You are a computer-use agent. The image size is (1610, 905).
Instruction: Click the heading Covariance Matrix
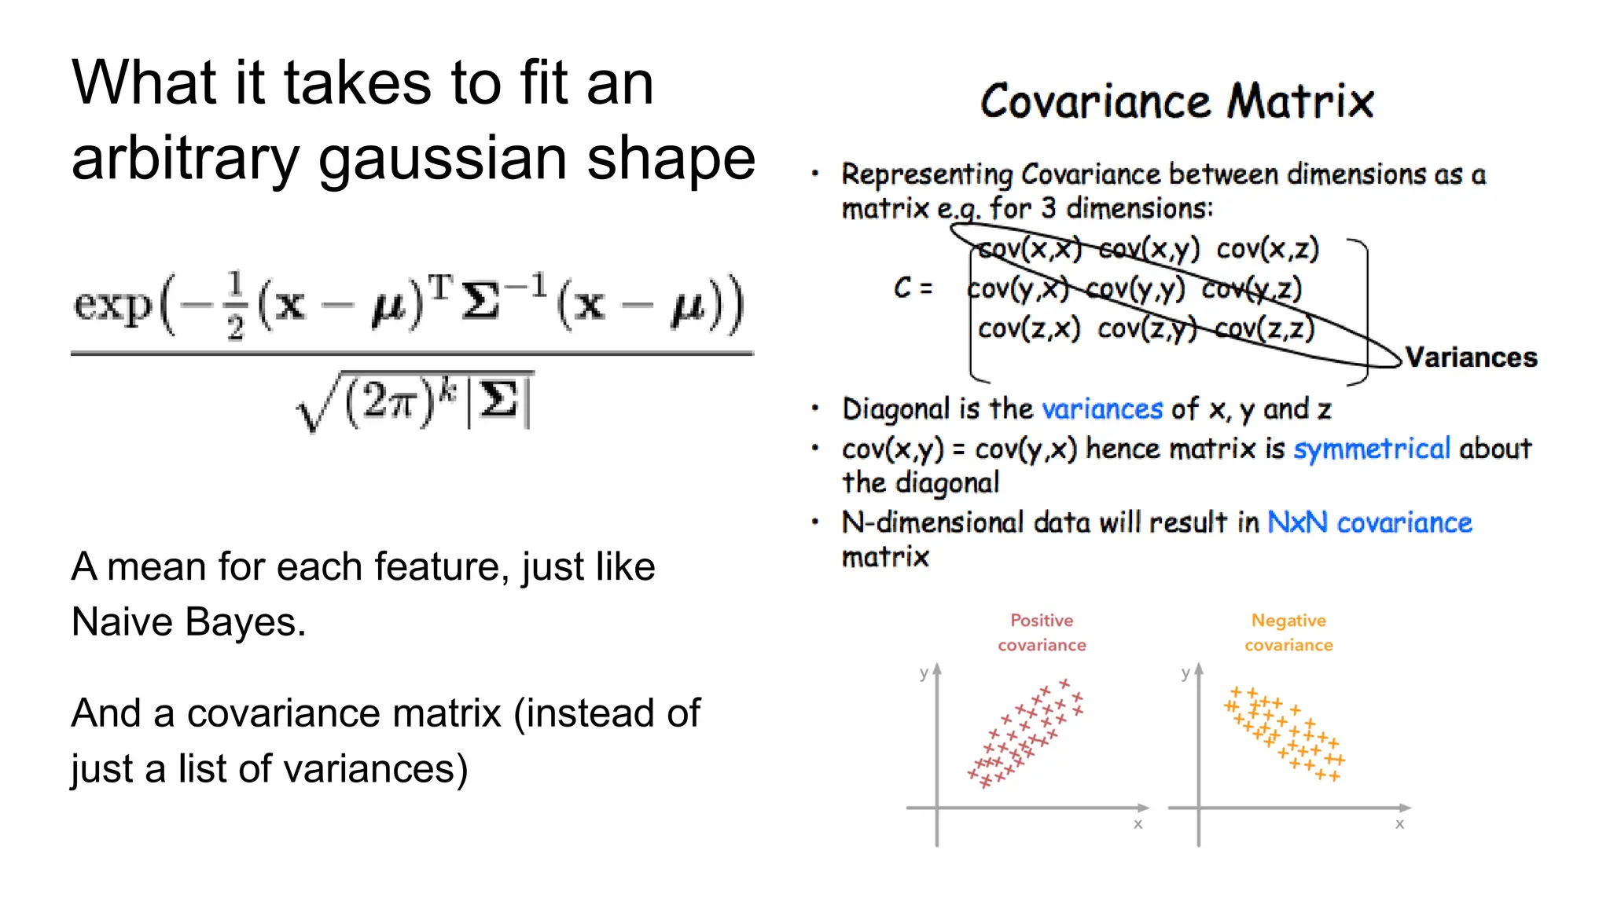pos(1176,102)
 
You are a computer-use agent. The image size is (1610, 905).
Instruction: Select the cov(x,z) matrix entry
pos(1266,249)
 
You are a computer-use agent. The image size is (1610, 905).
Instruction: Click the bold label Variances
pos(1470,357)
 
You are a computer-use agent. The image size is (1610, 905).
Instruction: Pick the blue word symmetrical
pos(1371,449)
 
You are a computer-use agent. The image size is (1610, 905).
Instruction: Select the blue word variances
pos(1101,409)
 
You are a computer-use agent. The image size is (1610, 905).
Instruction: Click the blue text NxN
pos(1296,522)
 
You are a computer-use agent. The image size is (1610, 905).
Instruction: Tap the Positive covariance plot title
pos(1042,632)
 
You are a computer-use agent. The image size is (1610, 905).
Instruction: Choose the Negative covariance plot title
pos(1288,632)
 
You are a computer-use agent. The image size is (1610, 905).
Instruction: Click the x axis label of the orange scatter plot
pos(1399,824)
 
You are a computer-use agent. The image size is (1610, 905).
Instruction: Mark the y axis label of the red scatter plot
pos(924,672)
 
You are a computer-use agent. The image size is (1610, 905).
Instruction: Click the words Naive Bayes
pos(188,622)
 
